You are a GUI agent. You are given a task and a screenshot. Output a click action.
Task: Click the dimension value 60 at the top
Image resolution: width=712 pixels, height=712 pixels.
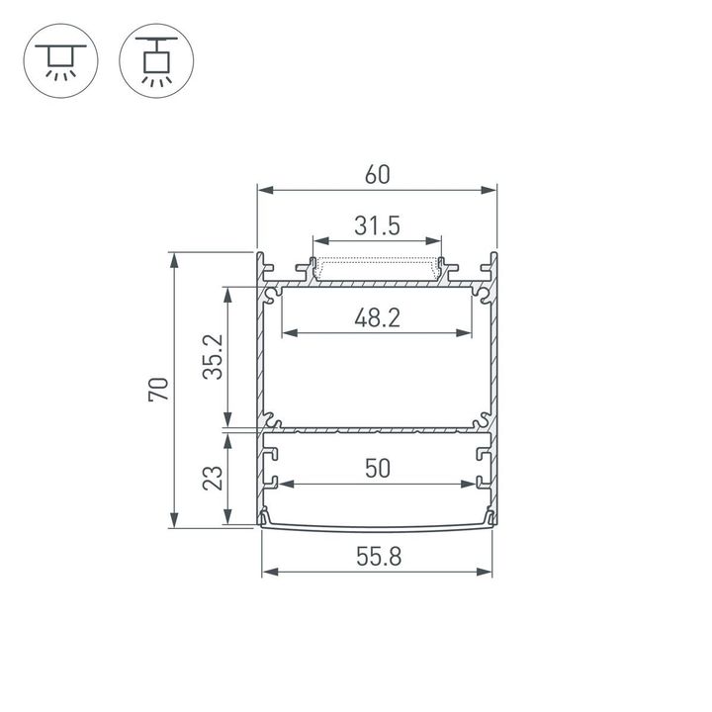376,174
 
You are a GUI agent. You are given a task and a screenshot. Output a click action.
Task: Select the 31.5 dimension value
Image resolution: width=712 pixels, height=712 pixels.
377,226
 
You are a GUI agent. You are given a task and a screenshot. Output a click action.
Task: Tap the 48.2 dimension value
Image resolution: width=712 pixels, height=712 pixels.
376,317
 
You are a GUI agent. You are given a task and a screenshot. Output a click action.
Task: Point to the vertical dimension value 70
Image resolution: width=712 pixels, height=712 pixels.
158,390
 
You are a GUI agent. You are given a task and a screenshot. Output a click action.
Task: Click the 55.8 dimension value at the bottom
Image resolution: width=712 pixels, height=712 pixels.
377,557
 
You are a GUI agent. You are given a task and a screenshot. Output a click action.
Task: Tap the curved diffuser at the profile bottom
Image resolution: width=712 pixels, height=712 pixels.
377,524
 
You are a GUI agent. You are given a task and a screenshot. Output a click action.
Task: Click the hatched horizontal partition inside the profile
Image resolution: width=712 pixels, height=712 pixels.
377,431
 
